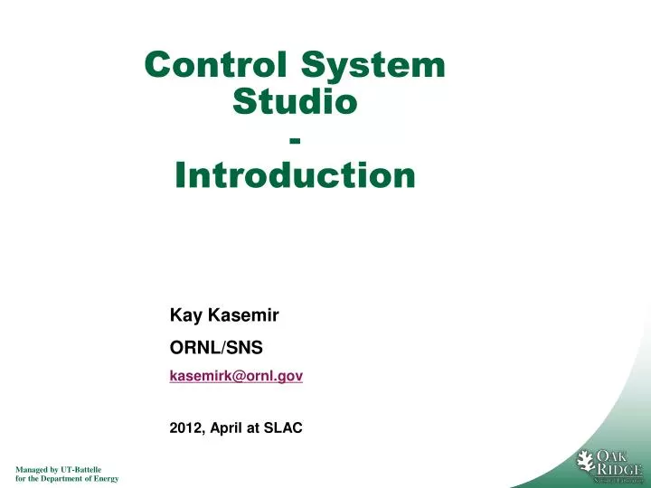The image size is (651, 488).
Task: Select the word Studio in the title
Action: [295, 101]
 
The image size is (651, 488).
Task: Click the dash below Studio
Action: [295, 140]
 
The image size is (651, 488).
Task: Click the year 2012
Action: [187, 429]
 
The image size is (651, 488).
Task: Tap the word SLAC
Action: [282, 429]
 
